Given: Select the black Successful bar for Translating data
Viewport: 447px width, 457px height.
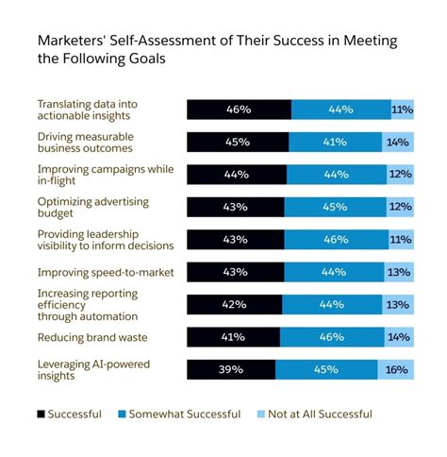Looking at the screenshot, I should pyautogui.click(x=239, y=110).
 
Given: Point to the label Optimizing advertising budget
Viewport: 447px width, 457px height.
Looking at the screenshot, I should pyautogui.click(x=90, y=207).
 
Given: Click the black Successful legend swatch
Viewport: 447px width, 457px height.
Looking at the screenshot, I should pyautogui.click(x=41, y=414).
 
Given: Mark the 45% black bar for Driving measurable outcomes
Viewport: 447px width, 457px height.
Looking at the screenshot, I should pyautogui.click(x=238, y=142).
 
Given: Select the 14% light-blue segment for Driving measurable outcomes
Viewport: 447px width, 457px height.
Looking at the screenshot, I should pyautogui.click(x=397, y=142).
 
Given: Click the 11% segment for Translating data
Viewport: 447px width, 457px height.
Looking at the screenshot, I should pyautogui.click(x=402, y=110).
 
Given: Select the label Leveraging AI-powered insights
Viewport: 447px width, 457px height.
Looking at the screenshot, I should pyautogui.click(x=94, y=370).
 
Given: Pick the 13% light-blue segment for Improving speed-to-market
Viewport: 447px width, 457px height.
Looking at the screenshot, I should pyautogui.click(x=398, y=272).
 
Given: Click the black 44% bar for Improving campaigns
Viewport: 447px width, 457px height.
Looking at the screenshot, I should pyautogui.click(x=237, y=175).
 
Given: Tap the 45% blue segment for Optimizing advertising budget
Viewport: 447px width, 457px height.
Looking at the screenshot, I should pyautogui.click(x=335, y=207).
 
